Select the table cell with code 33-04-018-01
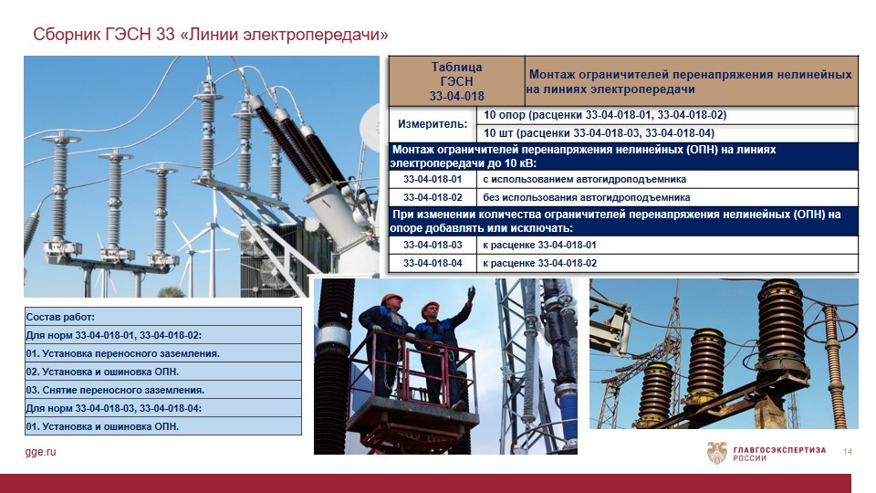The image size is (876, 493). coord(433,180)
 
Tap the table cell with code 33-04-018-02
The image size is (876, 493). coord(433,197)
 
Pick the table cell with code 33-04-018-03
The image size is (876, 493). coord(433,245)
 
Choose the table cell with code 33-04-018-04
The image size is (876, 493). coord(433,263)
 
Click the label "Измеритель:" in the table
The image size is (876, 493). coord(433,124)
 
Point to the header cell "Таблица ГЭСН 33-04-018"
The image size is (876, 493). coord(456,81)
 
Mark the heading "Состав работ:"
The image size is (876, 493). coord(60,317)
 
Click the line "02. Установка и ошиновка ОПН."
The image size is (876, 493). coord(102,372)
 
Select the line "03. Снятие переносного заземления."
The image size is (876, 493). coord(115,390)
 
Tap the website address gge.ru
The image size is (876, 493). coord(40,452)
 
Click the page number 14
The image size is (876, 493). coord(848,451)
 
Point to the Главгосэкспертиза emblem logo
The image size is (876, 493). coord(717,452)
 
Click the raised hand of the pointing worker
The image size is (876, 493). coord(471,292)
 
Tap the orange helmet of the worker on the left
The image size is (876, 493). coord(391,298)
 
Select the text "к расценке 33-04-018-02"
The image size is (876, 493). coord(539,263)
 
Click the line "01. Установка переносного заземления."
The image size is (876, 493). coord(122,353)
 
